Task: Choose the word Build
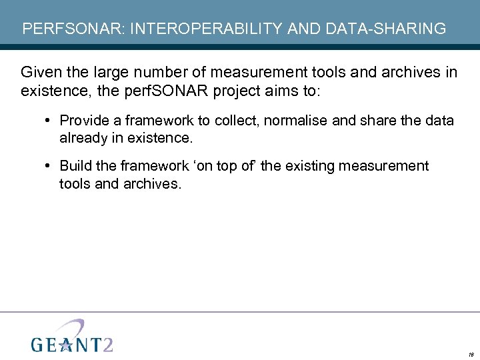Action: coord(75,166)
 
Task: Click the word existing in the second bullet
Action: coord(312,166)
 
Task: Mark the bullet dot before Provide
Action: coord(50,121)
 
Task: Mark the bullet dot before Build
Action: coord(50,166)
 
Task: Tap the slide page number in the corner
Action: coord(470,354)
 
